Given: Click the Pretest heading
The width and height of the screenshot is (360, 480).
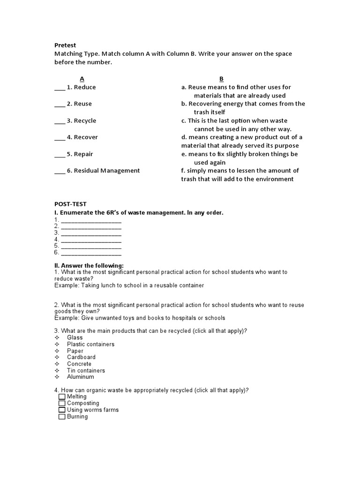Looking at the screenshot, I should point(65,45).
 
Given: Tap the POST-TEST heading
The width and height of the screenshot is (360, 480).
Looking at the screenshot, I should point(70,204).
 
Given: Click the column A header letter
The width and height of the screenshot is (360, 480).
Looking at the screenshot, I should point(82,79).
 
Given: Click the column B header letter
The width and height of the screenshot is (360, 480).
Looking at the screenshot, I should point(222,79).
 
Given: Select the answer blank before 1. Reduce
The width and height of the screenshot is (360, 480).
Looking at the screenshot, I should point(60,88).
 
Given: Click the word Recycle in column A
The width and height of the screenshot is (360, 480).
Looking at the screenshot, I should point(85,120).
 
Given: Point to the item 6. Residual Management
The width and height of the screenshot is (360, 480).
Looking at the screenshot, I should point(103,171).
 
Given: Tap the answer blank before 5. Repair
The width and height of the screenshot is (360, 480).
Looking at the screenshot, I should point(60,155).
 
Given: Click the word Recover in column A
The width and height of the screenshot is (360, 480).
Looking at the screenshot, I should point(86,137).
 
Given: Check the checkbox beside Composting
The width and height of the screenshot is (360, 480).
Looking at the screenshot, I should point(62,403).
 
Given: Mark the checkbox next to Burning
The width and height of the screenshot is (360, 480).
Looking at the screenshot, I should point(62,416).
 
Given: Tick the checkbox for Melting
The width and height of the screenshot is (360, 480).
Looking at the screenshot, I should point(62,397).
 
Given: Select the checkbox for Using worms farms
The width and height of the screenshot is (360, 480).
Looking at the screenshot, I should point(62,410).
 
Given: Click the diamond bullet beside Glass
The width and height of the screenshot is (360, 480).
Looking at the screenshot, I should point(57,337).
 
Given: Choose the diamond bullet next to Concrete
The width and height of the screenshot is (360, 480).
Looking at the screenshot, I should point(57,364).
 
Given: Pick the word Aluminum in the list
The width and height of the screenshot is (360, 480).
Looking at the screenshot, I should point(80,377).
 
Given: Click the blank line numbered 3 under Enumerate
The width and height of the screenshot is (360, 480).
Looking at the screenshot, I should point(91,233).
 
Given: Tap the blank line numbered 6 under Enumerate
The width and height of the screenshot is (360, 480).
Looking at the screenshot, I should point(91,253).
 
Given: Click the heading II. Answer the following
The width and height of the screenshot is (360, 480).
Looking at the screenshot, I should point(89,266).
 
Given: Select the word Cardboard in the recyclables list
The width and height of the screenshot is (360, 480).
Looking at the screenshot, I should point(81,357).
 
